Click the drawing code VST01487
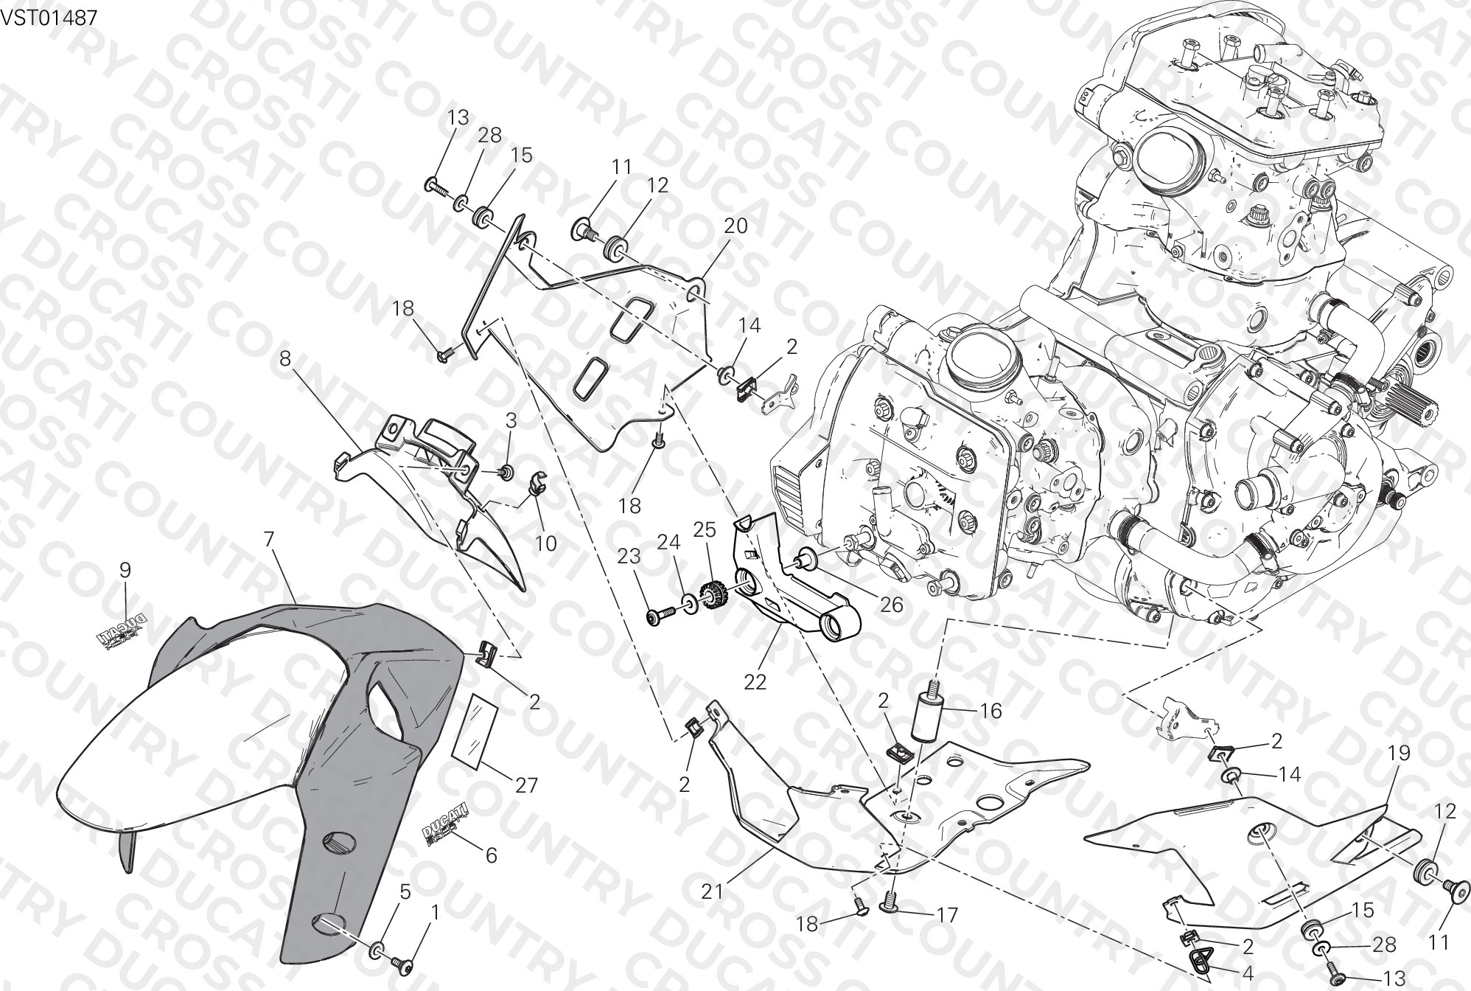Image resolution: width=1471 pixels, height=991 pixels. click(x=49, y=18)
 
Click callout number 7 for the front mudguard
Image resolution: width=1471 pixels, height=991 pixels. click(x=268, y=539)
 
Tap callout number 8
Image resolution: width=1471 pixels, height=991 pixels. click(x=285, y=360)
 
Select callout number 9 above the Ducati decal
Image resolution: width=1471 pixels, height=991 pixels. click(x=125, y=569)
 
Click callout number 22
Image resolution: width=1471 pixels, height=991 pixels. click(x=755, y=682)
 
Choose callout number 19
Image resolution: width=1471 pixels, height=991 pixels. click(x=1399, y=753)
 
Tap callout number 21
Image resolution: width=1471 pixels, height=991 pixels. click(x=712, y=891)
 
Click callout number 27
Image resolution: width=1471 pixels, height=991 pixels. click(x=526, y=785)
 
